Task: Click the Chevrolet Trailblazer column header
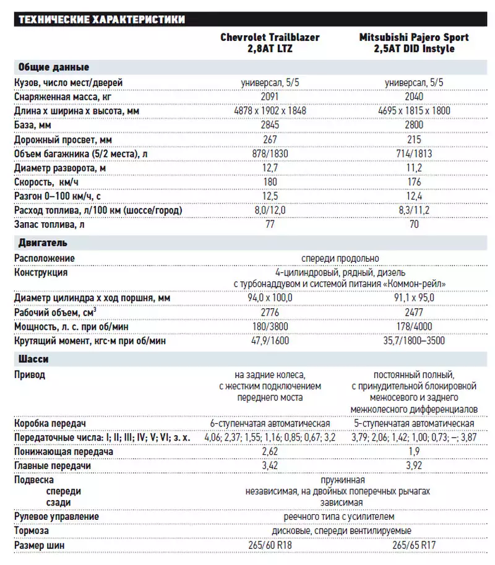tap(270, 43)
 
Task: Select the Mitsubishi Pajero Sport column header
tap(414, 43)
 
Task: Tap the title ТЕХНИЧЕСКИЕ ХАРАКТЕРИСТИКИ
tap(101, 20)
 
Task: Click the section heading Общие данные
tap(53, 67)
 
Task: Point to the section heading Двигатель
tap(43, 243)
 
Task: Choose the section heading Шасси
tap(33, 359)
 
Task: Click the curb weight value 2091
tap(270, 97)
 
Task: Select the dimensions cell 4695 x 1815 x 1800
tap(414, 111)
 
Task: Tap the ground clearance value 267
tap(270, 139)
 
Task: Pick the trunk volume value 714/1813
tap(414, 153)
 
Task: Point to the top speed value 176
tap(414, 182)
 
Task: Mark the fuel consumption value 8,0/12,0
tap(270, 210)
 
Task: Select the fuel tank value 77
tap(270, 225)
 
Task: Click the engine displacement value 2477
tap(414, 312)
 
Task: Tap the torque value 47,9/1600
tap(270, 340)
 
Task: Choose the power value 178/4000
tap(414, 326)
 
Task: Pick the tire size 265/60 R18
tap(270, 545)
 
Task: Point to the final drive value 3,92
tap(414, 465)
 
